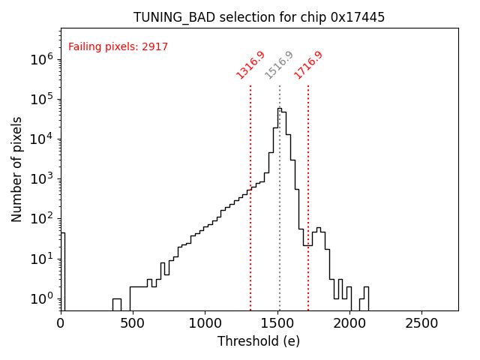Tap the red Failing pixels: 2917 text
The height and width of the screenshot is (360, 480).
point(118,47)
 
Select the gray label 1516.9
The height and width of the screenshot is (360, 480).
point(279,65)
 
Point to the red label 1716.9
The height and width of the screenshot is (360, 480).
point(308,65)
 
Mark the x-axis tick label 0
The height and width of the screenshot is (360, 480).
point(61,323)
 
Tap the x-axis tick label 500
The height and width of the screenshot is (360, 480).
point(133,323)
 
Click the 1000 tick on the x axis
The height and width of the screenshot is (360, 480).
point(205,323)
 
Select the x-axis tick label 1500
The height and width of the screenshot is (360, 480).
point(277,323)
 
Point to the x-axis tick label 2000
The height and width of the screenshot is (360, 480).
point(349,323)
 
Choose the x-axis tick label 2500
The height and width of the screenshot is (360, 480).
point(421,323)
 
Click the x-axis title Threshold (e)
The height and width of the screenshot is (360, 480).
point(259,341)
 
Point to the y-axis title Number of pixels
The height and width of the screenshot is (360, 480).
point(17,169)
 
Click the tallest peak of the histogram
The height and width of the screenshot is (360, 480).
point(279,109)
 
